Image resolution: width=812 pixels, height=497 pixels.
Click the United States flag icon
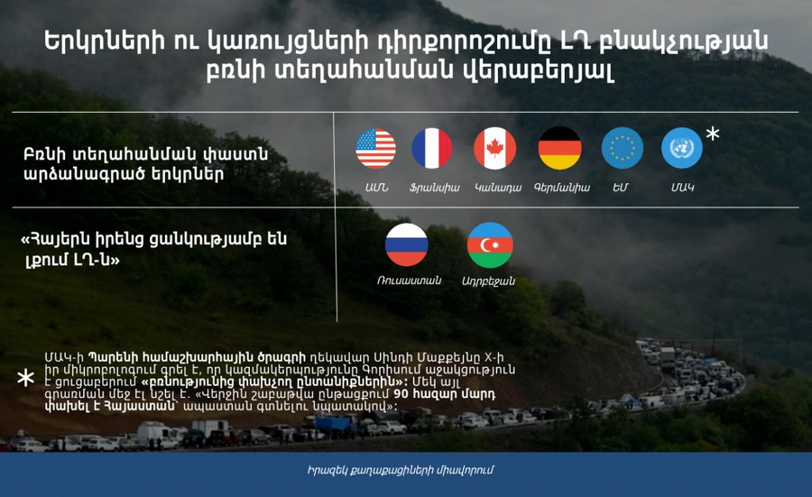click(376, 149)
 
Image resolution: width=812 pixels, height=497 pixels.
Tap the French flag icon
click(432, 149)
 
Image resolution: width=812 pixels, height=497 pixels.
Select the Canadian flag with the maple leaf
click(494, 149)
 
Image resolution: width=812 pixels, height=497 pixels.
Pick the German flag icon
click(559, 148)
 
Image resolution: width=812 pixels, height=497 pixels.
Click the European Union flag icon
click(623, 148)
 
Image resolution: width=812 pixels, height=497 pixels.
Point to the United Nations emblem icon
click(682, 148)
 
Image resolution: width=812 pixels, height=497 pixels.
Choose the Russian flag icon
click(407, 244)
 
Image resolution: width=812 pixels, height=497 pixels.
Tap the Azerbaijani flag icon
click(490, 244)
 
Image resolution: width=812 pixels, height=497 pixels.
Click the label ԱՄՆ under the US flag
click(376, 188)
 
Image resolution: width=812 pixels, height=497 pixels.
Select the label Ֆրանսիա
click(434, 188)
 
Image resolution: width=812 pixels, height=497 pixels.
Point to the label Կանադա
click(498, 188)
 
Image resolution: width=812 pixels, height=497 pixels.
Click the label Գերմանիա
click(562, 188)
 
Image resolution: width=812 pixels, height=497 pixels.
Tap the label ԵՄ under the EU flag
click(620, 188)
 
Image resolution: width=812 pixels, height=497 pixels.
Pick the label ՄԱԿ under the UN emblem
click(682, 188)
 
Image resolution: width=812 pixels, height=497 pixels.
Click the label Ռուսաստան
click(409, 281)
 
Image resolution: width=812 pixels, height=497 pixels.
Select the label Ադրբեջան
click(488, 281)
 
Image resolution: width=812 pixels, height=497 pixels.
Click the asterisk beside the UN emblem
click(713, 133)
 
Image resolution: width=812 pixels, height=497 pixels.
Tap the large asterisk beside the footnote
click(25, 378)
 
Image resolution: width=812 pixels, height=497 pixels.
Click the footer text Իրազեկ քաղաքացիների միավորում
click(401, 470)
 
